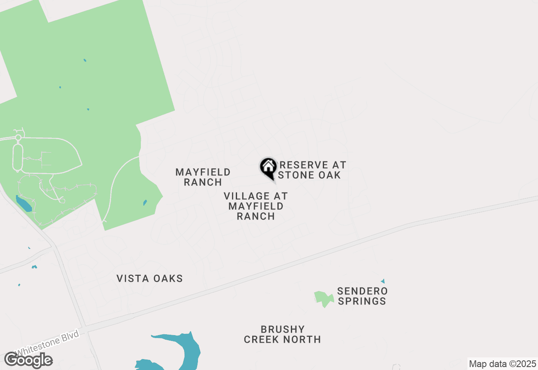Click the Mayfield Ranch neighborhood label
pos(203,177)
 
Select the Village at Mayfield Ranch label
pos(256,206)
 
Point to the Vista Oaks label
pos(150,278)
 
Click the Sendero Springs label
pos(362,296)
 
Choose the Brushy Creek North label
pos(282,334)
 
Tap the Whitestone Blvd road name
pos(47,343)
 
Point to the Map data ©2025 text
pos(502,364)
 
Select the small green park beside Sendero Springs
pos(322,299)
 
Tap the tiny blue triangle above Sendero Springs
pos(383,281)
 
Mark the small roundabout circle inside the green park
pos(18,137)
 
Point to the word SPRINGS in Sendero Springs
pos(362,301)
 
